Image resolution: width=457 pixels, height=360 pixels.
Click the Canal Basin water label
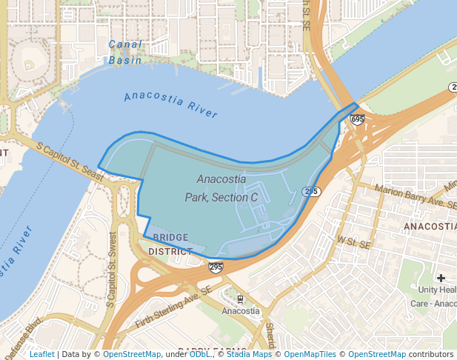(125, 52)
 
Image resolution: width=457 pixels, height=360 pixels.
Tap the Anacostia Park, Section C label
(221, 188)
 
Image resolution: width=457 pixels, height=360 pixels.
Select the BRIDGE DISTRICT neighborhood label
(170, 244)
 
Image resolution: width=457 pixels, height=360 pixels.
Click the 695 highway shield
(357, 119)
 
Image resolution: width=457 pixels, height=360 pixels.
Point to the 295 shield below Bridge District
(216, 267)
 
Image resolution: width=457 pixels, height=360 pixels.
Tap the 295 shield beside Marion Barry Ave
(311, 191)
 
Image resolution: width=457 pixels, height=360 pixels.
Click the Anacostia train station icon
(240, 299)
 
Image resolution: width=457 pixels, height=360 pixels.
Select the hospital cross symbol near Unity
(441, 278)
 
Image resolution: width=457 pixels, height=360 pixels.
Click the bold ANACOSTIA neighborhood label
(430, 226)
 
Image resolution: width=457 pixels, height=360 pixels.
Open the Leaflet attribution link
(41, 355)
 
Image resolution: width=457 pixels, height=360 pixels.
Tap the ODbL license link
(200, 355)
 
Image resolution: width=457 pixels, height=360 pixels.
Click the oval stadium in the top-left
(28, 56)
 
